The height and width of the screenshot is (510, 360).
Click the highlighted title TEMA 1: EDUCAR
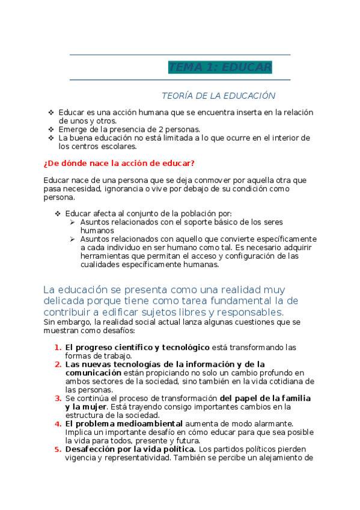(220, 67)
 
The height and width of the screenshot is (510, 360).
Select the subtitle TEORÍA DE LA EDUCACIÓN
(218, 96)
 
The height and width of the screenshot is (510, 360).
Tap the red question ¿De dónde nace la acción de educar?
(119, 164)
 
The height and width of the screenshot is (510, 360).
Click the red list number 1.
(58, 348)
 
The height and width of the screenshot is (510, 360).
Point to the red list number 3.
(58, 398)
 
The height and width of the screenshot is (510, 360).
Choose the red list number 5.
(58, 449)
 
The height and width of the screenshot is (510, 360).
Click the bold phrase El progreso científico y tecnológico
(137, 348)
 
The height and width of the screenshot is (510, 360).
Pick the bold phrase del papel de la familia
(265, 398)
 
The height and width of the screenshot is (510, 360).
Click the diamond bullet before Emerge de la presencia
(51, 129)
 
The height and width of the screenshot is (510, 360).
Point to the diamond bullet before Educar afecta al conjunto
(58, 214)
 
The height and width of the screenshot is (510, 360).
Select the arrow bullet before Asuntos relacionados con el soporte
(72, 222)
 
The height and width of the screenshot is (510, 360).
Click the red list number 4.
(58, 423)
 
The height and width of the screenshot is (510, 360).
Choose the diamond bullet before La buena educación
(51, 138)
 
